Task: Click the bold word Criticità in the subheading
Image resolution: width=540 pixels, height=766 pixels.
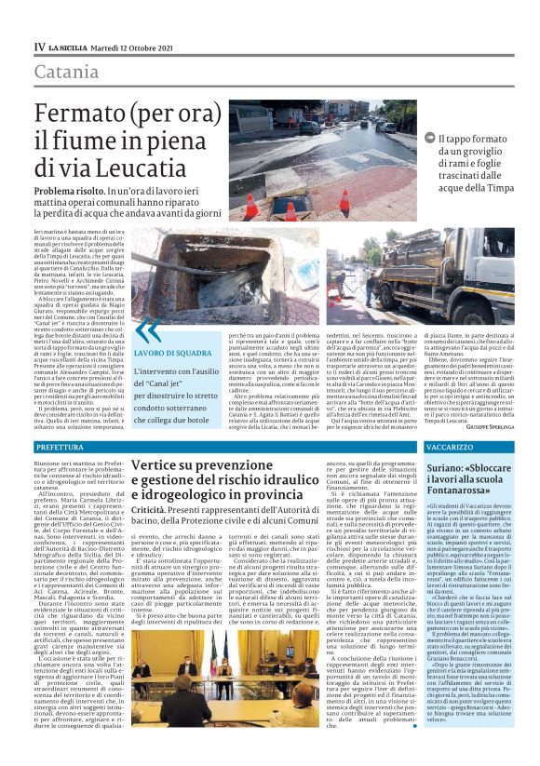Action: click(x=150, y=511)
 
